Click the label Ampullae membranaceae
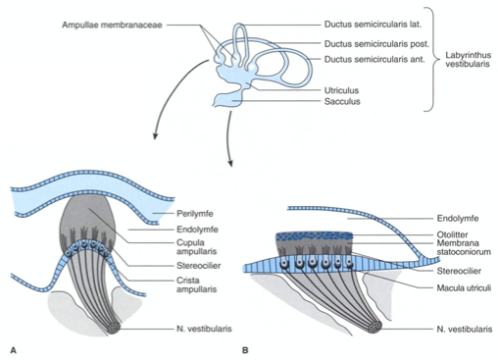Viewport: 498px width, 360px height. click(112, 25)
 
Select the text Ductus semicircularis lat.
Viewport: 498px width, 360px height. click(373, 25)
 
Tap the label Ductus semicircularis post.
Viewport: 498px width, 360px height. click(376, 43)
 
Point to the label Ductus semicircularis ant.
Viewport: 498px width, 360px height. click(374, 60)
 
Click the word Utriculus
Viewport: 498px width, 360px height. click(341, 90)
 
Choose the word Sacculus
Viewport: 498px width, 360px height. click(342, 101)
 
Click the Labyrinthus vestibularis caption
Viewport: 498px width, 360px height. click(468, 60)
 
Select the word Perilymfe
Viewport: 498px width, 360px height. click(195, 214)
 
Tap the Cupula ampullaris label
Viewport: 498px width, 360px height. click(196, 247)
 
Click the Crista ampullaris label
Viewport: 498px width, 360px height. click(196, 284)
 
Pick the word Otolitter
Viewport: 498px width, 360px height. click(452, 234)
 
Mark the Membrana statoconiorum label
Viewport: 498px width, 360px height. click(464, 247)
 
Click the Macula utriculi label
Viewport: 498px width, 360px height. click(464, 288)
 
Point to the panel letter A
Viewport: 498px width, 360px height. click(13, 350)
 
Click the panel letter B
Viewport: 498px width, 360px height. click(245, 350)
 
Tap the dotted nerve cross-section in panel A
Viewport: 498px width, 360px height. click(114, 328)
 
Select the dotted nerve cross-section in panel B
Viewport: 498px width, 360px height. click(374, 327)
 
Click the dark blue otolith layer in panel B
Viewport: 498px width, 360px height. click(315, 236)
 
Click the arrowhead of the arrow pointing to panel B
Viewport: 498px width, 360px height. click(230, 163)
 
